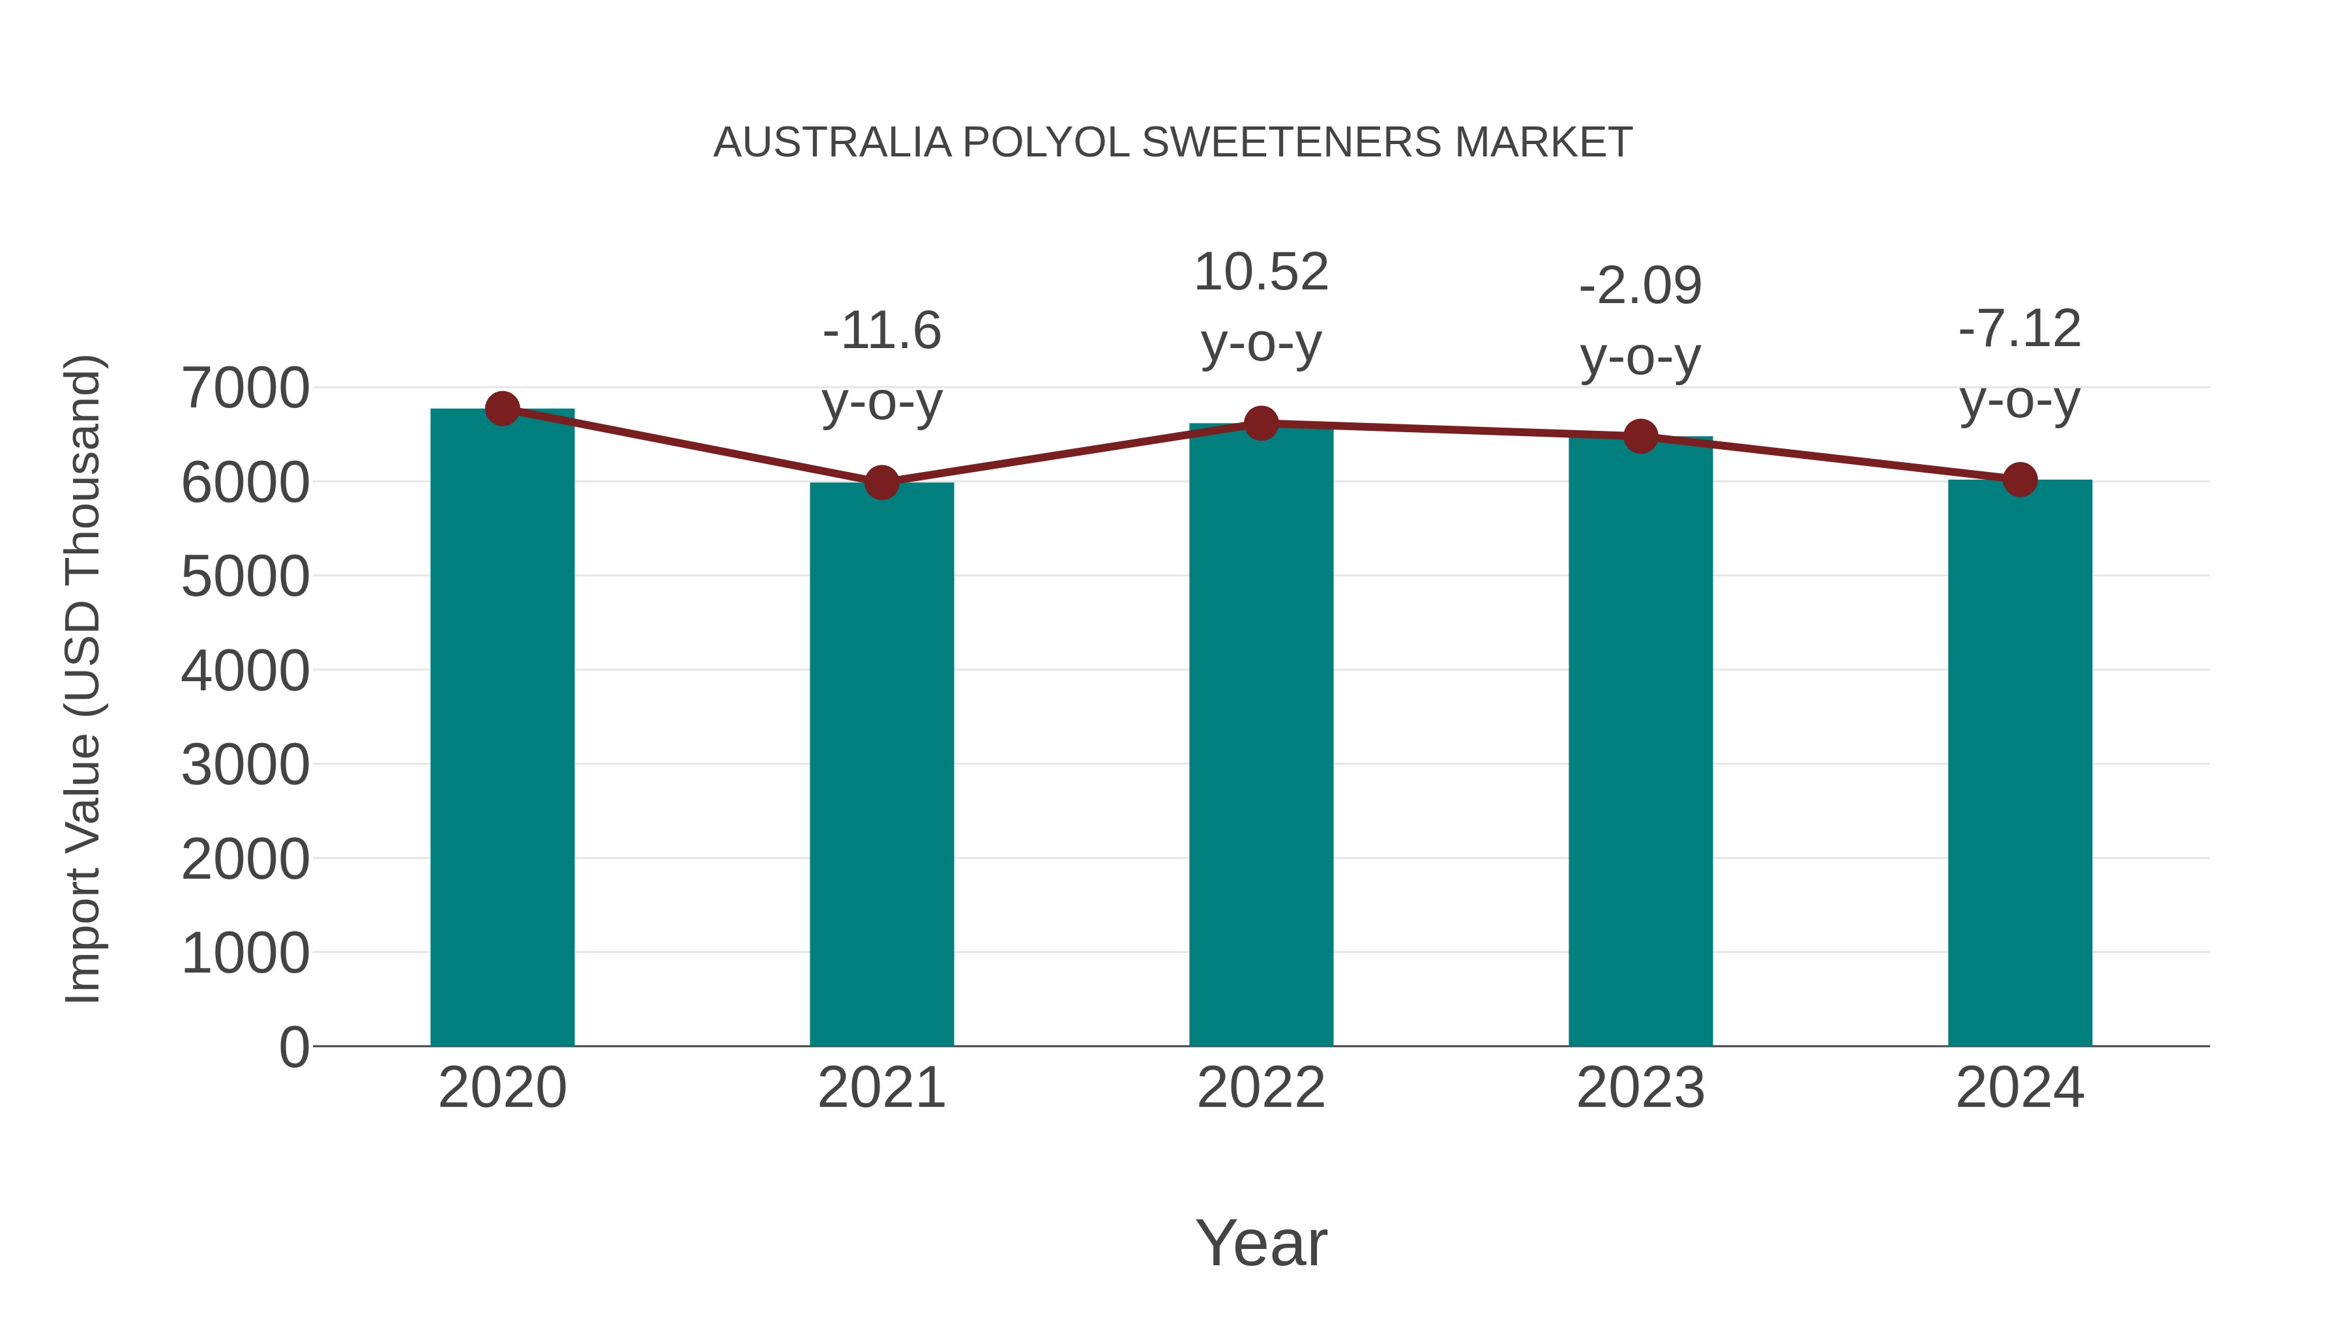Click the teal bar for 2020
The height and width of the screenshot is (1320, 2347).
(x=502, y=729)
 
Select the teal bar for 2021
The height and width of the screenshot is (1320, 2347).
(x=881, y=765)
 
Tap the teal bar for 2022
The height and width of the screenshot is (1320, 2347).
(x=1261, y=738)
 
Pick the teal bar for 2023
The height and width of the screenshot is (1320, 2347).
(x=1640, y=742)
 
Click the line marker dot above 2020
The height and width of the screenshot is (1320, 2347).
(x=502, y=409)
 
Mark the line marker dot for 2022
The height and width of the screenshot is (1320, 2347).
(x=1261, y=424)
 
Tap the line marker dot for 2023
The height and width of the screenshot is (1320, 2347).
(x=1640, y=436)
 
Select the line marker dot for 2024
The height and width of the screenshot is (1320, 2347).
(x=2020, y=479)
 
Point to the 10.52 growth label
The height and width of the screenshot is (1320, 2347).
(x=1261, y=272)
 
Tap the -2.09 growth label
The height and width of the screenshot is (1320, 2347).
(x=1640, y=286)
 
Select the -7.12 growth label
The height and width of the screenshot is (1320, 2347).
(x=2020, y=329)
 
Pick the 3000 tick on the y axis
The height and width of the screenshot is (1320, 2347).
(x=245, y=765)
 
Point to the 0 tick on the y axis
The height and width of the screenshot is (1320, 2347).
(x=294, y=1047)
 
